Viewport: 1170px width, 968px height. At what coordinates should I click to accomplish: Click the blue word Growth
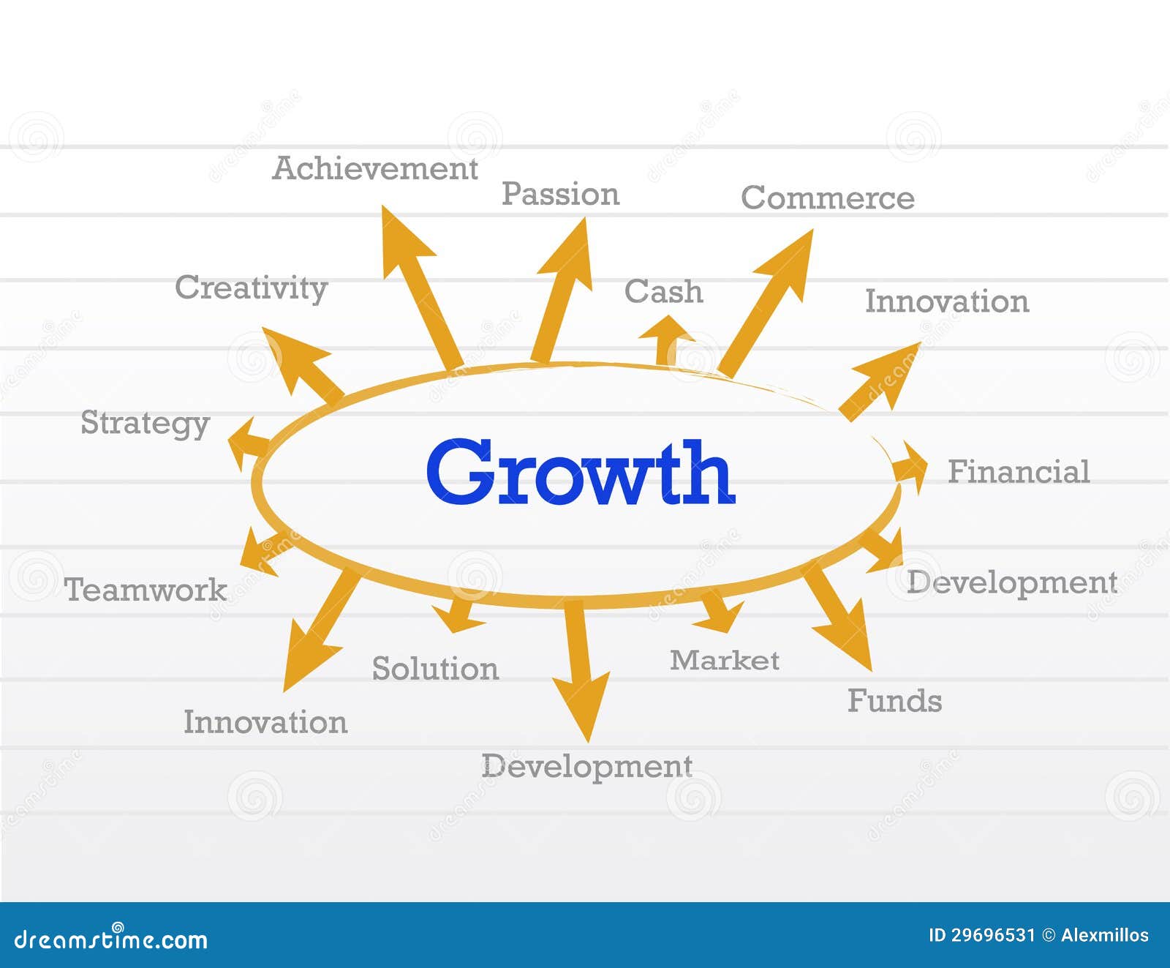tap(580, 472)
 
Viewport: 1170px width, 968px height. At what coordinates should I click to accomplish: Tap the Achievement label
tap(375, 169)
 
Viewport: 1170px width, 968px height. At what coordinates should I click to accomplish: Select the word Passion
tap(560, 195)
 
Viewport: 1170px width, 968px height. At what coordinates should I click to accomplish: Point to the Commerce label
tap(827, 198)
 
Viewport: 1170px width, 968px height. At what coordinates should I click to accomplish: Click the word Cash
tap(663, 292)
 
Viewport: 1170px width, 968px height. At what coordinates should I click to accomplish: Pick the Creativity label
tap(251, 288)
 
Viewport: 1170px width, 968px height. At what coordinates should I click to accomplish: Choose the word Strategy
tap(145, 424)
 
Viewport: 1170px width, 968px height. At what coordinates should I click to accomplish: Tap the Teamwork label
tap(146, 590)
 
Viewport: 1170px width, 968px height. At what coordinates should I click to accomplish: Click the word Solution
tap(435, 669)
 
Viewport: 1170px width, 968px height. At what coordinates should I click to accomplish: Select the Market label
tap(724, 661)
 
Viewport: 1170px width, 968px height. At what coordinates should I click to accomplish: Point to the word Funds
tap(894, 701)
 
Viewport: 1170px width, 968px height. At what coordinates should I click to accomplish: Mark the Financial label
tap(1019, 472)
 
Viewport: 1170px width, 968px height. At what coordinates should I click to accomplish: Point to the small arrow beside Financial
tap(910, 468)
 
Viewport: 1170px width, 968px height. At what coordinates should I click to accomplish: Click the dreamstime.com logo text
tap(111, 939)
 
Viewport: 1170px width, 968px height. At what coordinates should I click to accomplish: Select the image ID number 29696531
tap(992, 935)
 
